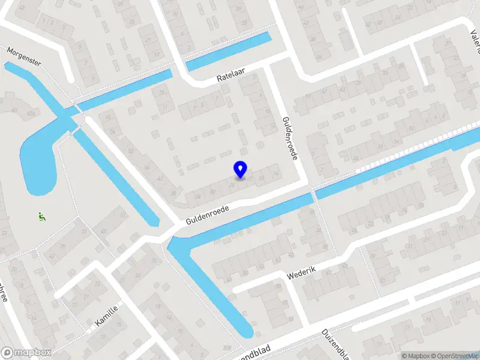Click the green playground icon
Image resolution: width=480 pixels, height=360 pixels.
coord(41,217)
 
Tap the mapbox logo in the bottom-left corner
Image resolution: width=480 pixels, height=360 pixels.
coord(26,352)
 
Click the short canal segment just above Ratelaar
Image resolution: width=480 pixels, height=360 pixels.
coord(228,52)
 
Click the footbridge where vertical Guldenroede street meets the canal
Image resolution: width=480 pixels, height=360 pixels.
coord(312,194)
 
